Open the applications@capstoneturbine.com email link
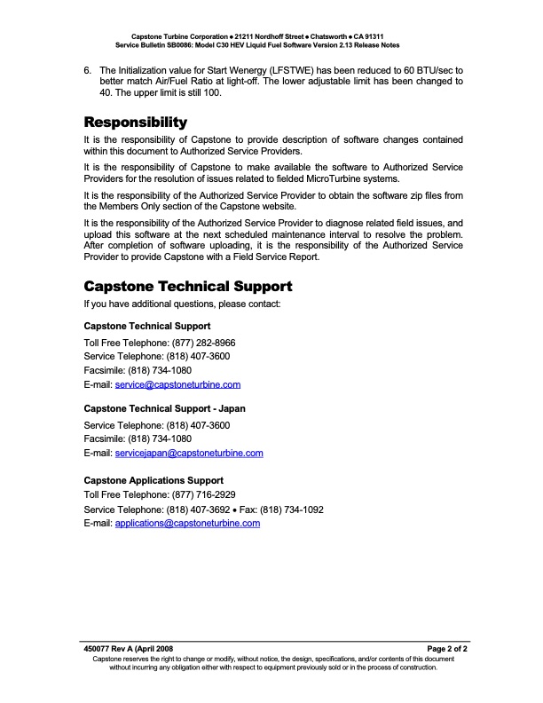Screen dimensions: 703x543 pyautogui.click(x=187, y=524)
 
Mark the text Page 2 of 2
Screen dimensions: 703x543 pyautogui.click(x=447, y=650)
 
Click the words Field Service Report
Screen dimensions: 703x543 pyautogui.click(x=257, y=257)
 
